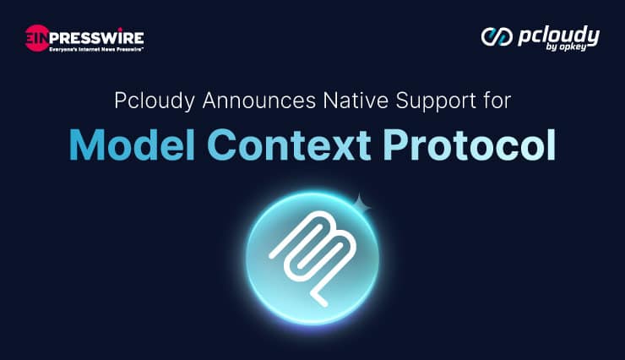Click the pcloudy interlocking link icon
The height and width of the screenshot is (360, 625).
tap(495, 36)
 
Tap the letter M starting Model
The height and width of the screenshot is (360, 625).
tap(87, 145)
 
